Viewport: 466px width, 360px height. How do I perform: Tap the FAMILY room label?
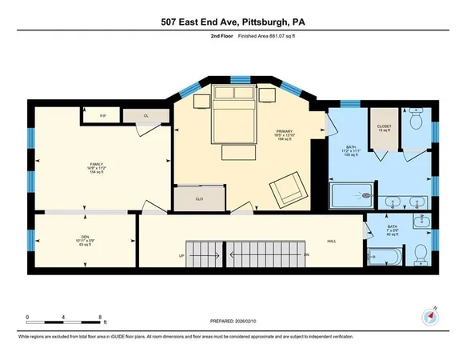pos(97,166)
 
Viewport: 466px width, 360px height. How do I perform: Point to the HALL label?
pos(330,241)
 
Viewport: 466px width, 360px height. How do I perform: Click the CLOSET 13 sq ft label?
pos(384,126)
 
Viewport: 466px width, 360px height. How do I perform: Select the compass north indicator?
pos(432,316)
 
